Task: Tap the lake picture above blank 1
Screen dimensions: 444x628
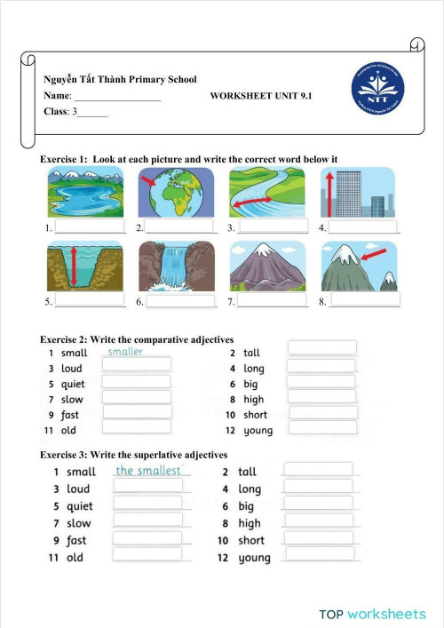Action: point(85,192)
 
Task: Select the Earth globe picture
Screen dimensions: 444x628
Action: point(176,192)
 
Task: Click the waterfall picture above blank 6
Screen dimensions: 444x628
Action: point(176,266)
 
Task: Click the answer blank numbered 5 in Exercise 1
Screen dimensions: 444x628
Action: point(90,301)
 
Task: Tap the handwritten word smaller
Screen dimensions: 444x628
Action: point(125,352)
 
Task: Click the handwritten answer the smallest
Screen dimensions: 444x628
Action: point(148,471)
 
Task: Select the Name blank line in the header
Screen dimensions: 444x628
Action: point(116,96)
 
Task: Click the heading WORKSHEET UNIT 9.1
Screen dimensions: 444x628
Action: point(261,95)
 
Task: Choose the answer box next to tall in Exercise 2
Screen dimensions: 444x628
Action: point(322,347)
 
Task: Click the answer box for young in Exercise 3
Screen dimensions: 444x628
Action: point(318,554)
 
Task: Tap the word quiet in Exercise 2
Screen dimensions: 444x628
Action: point(73,385)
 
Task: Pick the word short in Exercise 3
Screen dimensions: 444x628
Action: point(251,540)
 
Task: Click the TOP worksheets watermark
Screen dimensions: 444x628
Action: point(373,614)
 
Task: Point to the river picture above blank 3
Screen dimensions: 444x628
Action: point(266,192)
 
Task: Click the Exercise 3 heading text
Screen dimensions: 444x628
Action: point(134,455)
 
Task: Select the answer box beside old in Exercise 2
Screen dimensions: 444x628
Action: point(137,428)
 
